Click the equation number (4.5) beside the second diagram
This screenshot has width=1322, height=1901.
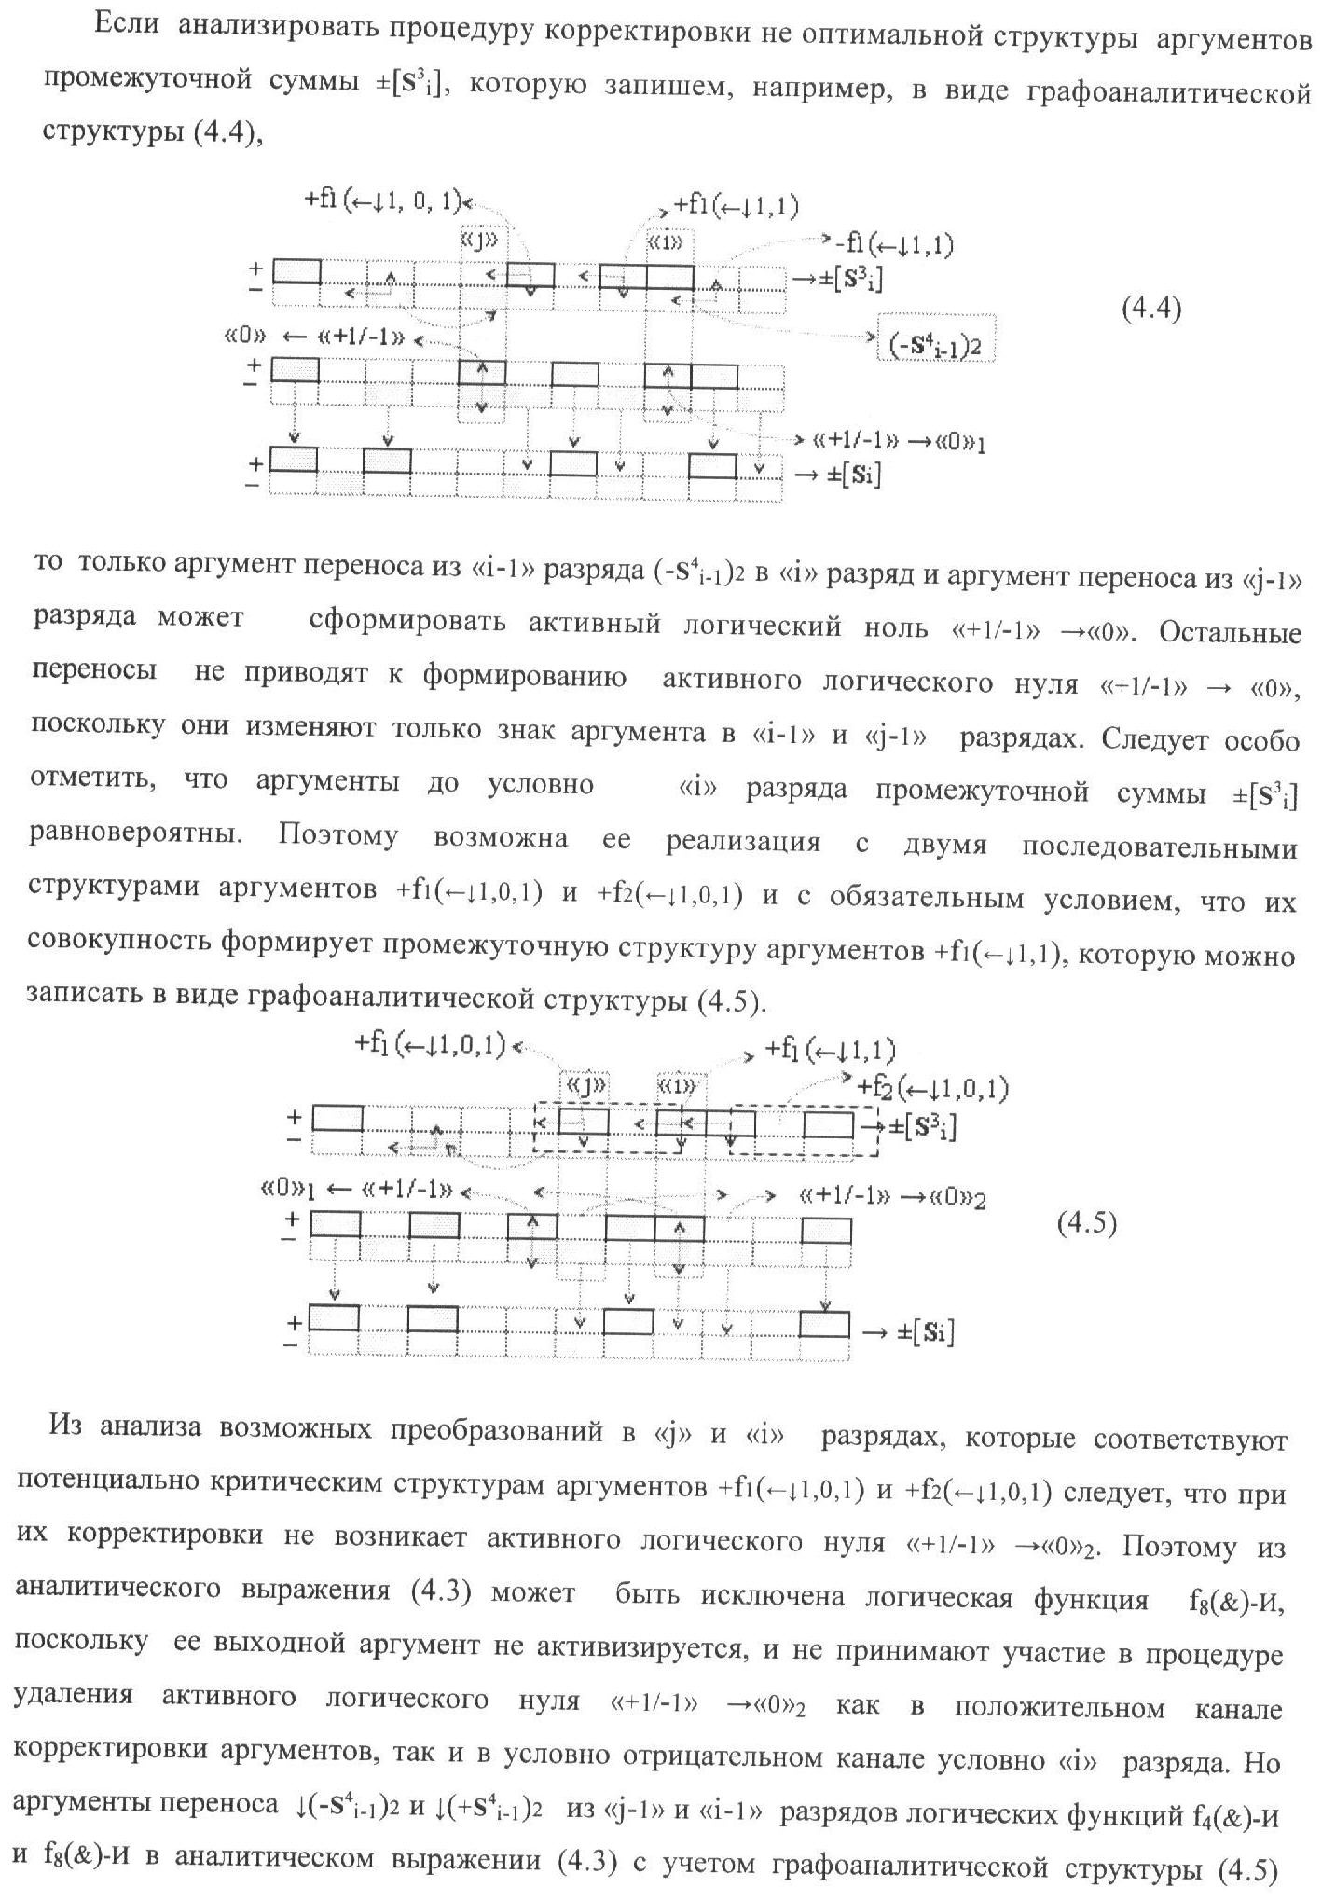click(x=1086, y=1222)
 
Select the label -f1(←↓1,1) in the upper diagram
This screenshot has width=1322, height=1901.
click(x=893, y=244)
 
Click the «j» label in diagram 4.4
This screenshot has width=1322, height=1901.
click(x=481, y=241)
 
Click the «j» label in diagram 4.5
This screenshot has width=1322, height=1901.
click(x=584, y=1085)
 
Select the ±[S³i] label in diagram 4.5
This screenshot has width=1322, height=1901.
click(x=922, y=1126)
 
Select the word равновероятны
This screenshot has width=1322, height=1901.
click(x=136, y=834)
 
